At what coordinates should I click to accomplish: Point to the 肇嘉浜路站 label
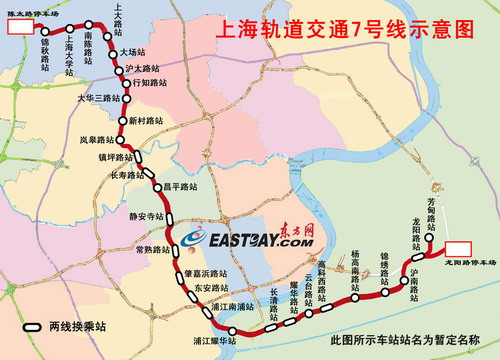click(x=205, y=272)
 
